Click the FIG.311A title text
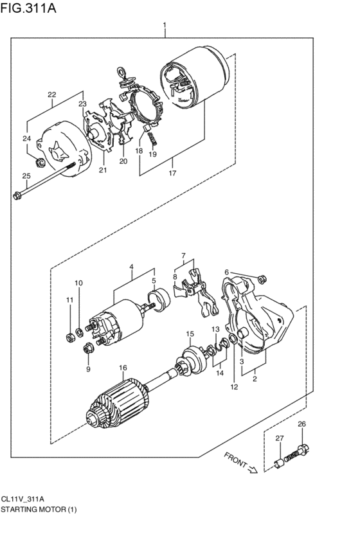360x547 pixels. tap(28, 8)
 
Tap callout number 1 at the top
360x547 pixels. tap(165, 25)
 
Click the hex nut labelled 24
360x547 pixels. tap(40, 162)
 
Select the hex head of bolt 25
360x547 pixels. tap(17, 195)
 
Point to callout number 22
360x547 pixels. tap(52, 94)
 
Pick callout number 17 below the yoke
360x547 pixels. tap(172, 173)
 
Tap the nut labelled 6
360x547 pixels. tap(262, 278)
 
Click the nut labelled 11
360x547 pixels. tap(70, 337)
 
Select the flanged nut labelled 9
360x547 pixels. tap(87, 348)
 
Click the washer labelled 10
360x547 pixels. tap(80, 332)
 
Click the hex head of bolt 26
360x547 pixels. tap(304, 449)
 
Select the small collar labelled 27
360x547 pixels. tap(280, 463)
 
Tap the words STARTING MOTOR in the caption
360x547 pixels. tap(33, 509)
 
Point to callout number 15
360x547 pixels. tap(190, 334)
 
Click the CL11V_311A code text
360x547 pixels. tap(22, 499)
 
